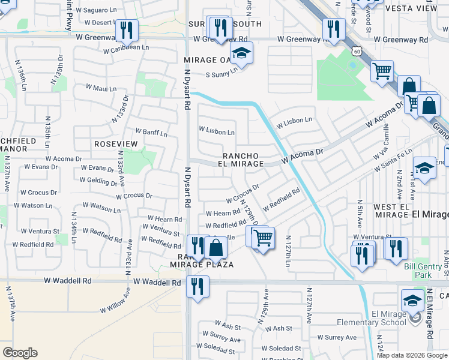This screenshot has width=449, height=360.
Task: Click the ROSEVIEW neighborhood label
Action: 116,145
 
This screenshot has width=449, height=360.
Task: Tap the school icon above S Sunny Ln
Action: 241,54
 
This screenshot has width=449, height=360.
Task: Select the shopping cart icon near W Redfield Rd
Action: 262,238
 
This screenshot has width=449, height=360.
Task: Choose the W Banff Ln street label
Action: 151,131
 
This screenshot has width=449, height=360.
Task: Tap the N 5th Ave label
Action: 359,213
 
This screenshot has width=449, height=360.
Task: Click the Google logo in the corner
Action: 20,352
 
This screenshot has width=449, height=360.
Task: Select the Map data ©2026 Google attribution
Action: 412,355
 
